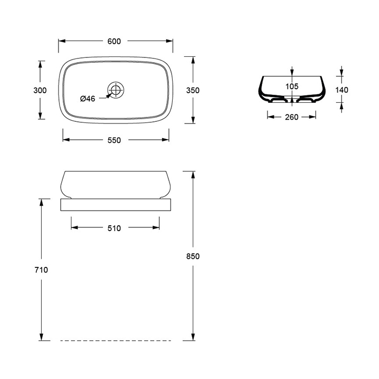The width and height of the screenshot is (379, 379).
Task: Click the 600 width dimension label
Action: tap(114, 41)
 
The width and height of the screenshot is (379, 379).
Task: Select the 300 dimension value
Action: tap(40, 90)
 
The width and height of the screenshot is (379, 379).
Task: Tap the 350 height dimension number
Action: tap(193, 90)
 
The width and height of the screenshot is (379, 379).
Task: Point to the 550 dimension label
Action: tap(114, 140)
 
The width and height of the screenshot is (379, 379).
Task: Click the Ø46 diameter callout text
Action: tap(88, 99)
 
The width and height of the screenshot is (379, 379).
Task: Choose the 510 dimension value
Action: tap(114, 228)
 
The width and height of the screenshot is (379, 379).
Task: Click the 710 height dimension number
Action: tap(41, 270)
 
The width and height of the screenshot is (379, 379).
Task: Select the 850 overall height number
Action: tap(193, 256)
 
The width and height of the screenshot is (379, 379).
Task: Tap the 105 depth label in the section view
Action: tap(292, 86)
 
